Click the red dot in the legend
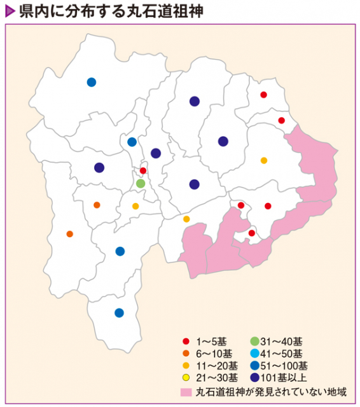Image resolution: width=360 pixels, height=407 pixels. coord(185,341)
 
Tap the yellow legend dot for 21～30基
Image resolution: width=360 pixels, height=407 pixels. coord(185,378)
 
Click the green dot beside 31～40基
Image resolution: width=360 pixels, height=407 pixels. coord(254,341)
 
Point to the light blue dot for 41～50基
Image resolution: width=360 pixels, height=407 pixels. coord(254,354)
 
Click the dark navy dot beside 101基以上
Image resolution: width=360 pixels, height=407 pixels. coord(254,378)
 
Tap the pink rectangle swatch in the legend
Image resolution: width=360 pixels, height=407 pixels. coord(186,390)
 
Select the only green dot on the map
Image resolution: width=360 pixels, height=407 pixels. coord(141,183)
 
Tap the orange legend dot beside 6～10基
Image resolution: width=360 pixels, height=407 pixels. coord(185,354)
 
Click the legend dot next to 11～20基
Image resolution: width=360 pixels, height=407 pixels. coord(185,366)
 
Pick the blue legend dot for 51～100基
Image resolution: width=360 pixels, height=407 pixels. coord(254,366)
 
